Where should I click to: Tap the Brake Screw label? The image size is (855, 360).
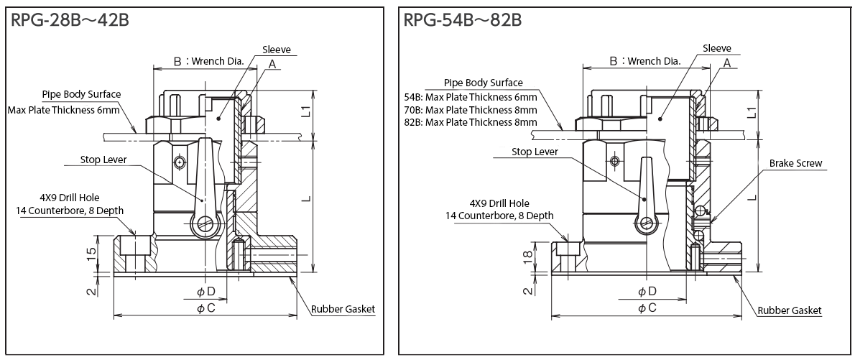point(795,164)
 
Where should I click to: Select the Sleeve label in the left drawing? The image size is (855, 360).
point(276,50)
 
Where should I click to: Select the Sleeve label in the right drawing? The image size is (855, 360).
point(717,48)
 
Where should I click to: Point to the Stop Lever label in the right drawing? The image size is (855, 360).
point(536,152)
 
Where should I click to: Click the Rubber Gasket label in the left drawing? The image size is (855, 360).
point(343,310)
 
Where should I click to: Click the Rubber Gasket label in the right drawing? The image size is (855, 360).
point(790,310)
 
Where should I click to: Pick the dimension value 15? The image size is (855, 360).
point(92,254)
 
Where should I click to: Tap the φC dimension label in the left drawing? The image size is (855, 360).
point(205,308)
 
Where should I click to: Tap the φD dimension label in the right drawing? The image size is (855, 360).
point(647,291)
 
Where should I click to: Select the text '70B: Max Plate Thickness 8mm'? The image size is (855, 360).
point(471,110)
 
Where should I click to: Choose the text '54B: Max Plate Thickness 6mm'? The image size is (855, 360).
point(471,97)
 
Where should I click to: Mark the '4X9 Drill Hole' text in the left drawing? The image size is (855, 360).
point(70,197)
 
